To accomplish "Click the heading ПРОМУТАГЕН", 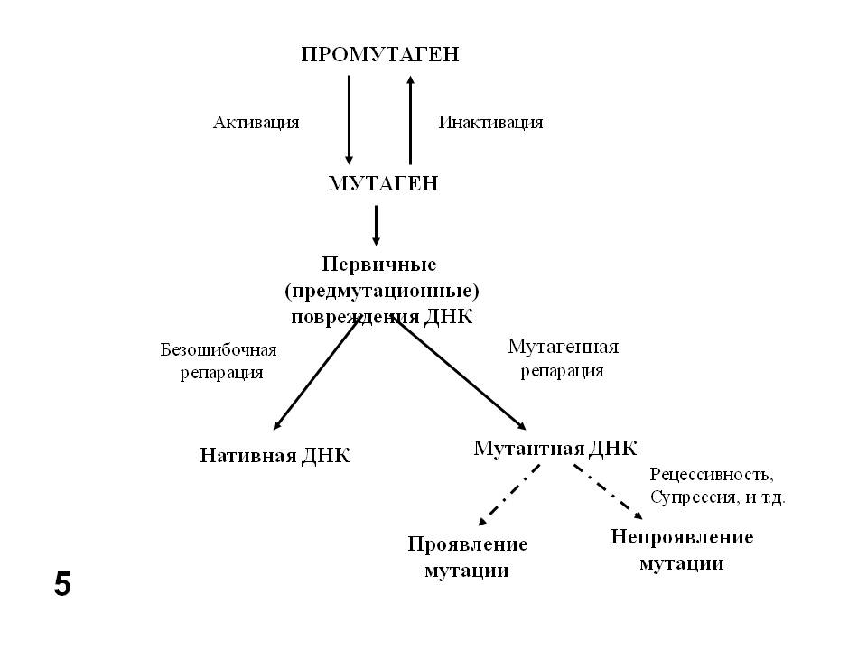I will (x=379, y=55).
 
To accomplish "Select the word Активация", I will (x=256, y=123).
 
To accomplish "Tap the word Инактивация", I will (x=490, y=123).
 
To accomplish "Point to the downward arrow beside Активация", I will (x=350, y=117).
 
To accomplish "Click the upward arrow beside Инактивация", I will (x=411, y=117).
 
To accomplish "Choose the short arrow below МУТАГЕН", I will (x=376, y=225).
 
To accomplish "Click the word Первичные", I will (x=379, y=265).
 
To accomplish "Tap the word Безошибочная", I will (x=219, y=350).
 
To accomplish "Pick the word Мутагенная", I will (x=563, y=347).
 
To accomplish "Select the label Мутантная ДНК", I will (x=555, y=449).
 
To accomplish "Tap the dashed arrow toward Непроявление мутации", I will (x=607, y=493).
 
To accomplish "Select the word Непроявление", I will (x=682, y=538).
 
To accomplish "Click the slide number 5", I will (x=61, y=585).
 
